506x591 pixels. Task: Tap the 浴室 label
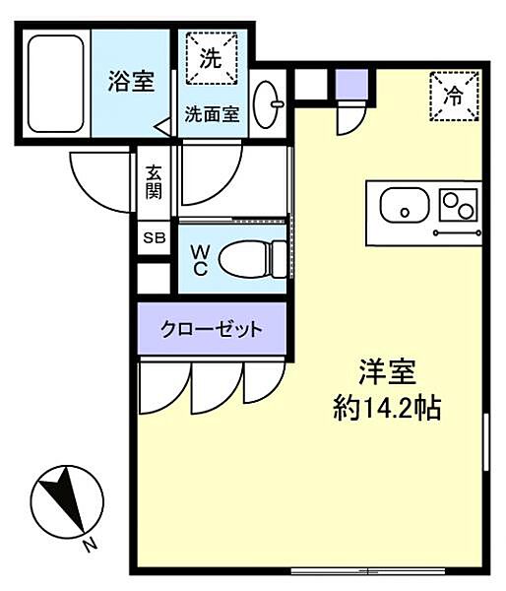tap(130, 82)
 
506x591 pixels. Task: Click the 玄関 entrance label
tap(154, 179)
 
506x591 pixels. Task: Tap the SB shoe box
tap(155, 237)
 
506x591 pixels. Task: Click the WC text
tap(197, 260)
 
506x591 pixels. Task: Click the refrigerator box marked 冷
tap(453, 96)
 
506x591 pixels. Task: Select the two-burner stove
tap(458, 207)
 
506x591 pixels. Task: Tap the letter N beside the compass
tap(89, 545)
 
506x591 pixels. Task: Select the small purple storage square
tap(349, 86)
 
